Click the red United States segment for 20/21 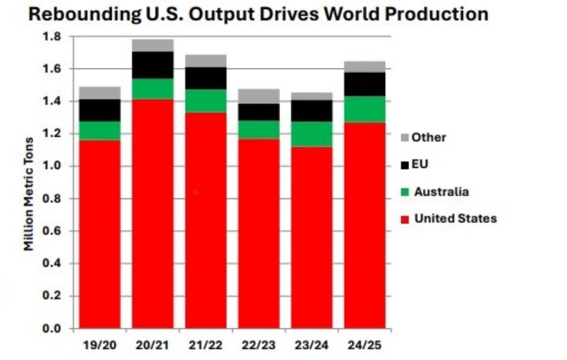pyautogui.click(x=153, y=213)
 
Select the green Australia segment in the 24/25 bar pyautogui.click(x=364, y=109)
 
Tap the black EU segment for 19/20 pyautogui.click(x=100, y=110)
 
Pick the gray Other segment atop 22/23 pyautogui.click(x=259, y=96)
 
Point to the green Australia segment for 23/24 pyautogui.click(x=311, y=134)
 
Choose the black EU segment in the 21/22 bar pyautogui.click(x=206, y=78)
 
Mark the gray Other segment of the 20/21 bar pyautogui.click(x=153, y=45)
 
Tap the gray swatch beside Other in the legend pyautogui.click(x=404, y=138)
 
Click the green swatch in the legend pyautogui.click(x=404, y=192)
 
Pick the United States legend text pyautogui.click(x=455, y=218)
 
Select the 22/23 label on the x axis pyautogui.click(x=259, y=345)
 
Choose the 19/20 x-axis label pyautogui.click(x=100, y=345)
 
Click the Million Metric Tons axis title pyautogui.click(x=28, y=194)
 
